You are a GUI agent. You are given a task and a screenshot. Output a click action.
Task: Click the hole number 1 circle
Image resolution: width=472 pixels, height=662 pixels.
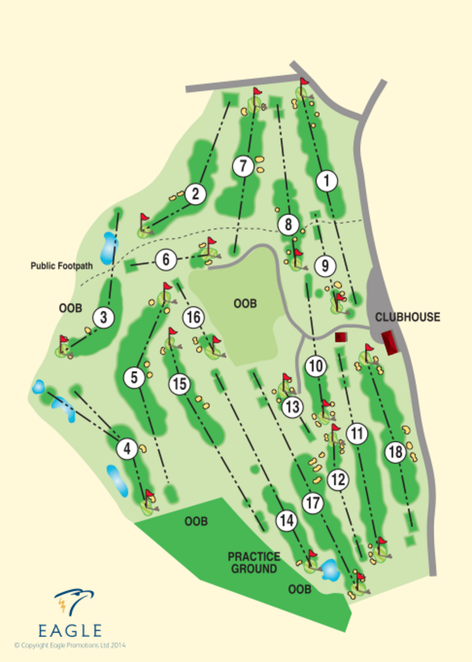(x=327, y=181)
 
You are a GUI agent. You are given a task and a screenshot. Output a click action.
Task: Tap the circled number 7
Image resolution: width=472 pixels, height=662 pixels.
(x=244, y=165)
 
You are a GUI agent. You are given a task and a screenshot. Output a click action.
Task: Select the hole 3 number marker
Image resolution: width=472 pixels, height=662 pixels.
(x=103, y=317)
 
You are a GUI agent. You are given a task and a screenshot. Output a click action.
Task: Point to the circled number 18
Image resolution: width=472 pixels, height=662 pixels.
(x=396, y=452)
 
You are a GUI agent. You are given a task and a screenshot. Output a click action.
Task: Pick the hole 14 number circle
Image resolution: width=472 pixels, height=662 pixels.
(x=287, y=520)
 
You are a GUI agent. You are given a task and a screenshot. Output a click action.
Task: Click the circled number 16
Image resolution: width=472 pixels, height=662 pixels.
(x=193, y=317)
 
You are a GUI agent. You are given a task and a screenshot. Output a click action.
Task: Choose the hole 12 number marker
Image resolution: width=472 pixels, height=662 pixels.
(x=338, y=480)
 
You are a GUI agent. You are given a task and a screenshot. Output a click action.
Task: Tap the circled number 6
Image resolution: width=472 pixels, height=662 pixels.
(x=166, y=259)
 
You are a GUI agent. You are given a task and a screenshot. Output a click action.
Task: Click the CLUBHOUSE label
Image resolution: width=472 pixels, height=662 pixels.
(x=407, y=317)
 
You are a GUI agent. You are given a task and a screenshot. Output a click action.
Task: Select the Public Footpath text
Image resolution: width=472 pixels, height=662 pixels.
(x=61, y=265)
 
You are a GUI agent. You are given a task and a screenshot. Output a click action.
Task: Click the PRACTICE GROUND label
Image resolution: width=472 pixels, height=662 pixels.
(x=254, y=562)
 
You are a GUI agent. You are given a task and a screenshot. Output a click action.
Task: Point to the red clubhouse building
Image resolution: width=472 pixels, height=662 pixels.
(x=390, y=343)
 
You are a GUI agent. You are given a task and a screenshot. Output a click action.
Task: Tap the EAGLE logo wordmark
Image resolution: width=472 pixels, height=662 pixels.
(x=70, y=630)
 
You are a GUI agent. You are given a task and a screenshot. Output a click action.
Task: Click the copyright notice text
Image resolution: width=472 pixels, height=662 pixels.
(x=70, y=645)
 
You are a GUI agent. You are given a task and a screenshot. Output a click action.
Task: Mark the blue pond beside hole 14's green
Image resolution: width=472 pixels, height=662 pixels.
(x=331, y=569)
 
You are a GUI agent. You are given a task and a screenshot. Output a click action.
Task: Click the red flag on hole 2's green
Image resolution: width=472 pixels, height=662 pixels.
(x=145, y=218)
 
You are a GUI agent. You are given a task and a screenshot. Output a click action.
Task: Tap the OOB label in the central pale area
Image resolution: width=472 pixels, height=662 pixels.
(x=245, y=304)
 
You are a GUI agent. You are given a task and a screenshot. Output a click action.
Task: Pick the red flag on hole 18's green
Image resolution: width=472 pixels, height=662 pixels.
(x=369, y=347)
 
